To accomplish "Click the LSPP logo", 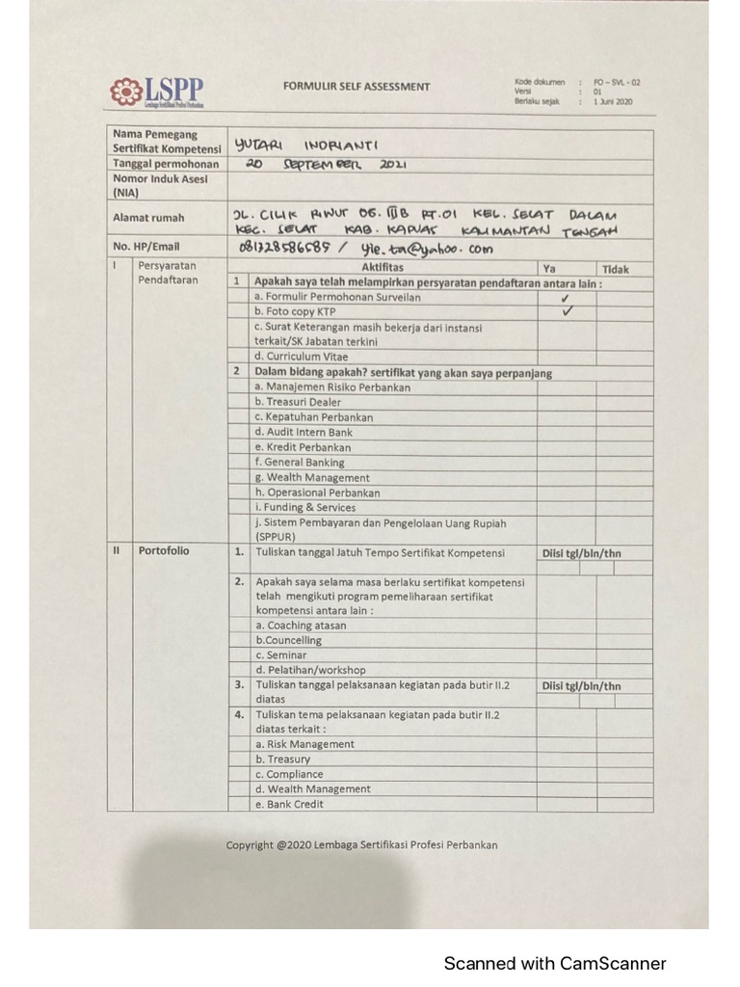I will (156, 92).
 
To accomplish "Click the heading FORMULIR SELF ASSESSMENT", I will (357, 87).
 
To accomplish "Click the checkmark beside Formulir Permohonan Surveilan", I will (566, 298).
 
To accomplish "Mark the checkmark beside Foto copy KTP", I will (567, 312).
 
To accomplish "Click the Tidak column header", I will (615, 269).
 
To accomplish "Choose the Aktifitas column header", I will (383, 268).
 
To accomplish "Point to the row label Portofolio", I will (164, 551).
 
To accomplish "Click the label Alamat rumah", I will (148, 218).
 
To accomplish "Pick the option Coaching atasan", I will (300, 626).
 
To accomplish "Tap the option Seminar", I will (280, 654).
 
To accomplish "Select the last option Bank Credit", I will (289, 804).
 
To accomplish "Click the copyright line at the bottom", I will (361, 845).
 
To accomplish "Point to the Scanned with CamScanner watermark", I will (554, 963).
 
